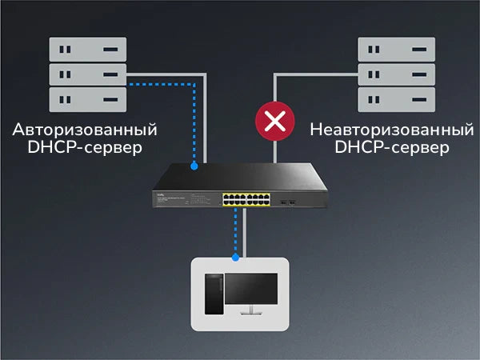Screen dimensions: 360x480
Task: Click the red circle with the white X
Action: point(274,122)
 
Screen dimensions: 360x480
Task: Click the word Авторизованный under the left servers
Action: point(85,130)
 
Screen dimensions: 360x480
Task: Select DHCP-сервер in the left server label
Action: point(85,148)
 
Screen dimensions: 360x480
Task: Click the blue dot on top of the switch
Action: point(194,166)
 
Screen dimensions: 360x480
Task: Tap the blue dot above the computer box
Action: point(235,258)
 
